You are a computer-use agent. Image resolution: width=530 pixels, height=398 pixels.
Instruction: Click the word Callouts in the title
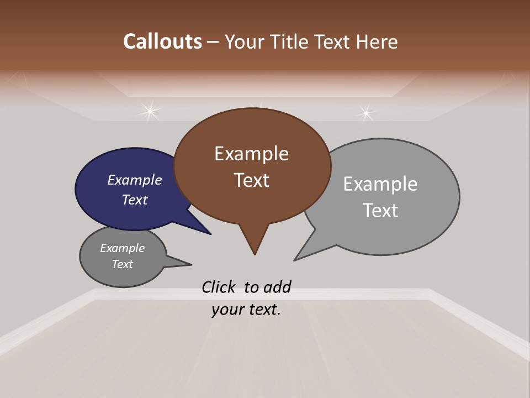(x=163, y=41)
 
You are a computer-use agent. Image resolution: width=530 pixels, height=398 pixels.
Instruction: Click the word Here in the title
(x=377, y=41)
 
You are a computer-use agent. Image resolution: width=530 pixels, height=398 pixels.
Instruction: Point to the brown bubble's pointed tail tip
(x=255, y=254)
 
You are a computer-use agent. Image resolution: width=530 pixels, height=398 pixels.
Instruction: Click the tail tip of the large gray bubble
(x=294, y=260)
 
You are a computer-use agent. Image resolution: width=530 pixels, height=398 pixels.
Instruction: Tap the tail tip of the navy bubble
(x=210, y=234)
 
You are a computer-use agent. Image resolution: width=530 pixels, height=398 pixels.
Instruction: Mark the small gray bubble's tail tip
(x=191, y=264)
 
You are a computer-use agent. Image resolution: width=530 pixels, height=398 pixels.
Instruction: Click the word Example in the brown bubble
(x=251, y=154)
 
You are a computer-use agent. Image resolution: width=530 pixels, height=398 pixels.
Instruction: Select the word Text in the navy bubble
(x=135, y=200)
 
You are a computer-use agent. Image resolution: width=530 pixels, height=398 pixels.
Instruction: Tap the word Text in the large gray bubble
(x=380, y=211)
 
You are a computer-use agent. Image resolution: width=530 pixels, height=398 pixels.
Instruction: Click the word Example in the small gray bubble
(x=122, y=248)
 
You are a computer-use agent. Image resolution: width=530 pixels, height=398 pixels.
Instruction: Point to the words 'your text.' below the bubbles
(x=246, y=310)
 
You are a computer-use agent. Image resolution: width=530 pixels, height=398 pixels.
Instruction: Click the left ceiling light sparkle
(x=149, y=112)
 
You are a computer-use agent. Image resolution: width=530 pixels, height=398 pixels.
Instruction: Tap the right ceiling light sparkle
(x=365, y=113)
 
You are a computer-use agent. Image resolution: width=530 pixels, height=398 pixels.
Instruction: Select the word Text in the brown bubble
(x=251, y=180)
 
